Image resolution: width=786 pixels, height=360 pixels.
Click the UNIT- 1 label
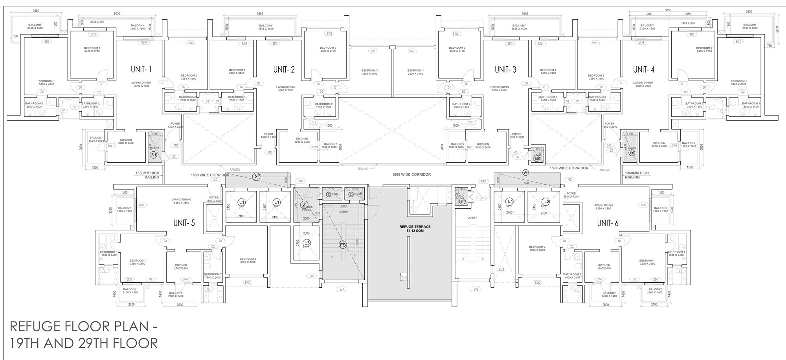141,70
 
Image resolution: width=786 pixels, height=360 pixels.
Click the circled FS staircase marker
343,245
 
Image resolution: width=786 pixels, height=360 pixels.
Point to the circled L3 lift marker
307,243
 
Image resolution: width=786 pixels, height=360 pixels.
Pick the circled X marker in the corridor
256,176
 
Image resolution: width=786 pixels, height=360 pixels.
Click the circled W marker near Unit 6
525,173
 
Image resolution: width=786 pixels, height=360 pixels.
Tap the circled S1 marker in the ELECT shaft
154,155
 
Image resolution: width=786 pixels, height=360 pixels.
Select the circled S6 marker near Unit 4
632,153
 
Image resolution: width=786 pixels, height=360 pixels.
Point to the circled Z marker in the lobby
304,205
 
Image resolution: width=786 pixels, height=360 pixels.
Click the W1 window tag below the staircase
342,290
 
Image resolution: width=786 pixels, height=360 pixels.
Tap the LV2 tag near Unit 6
501,270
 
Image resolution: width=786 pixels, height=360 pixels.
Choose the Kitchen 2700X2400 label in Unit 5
181,267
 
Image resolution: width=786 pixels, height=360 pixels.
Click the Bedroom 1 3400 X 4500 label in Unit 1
46,83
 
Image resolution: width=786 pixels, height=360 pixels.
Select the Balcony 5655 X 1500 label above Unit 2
266,27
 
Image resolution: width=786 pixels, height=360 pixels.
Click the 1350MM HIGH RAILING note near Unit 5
147,175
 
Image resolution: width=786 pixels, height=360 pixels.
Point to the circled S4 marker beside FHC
463,201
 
